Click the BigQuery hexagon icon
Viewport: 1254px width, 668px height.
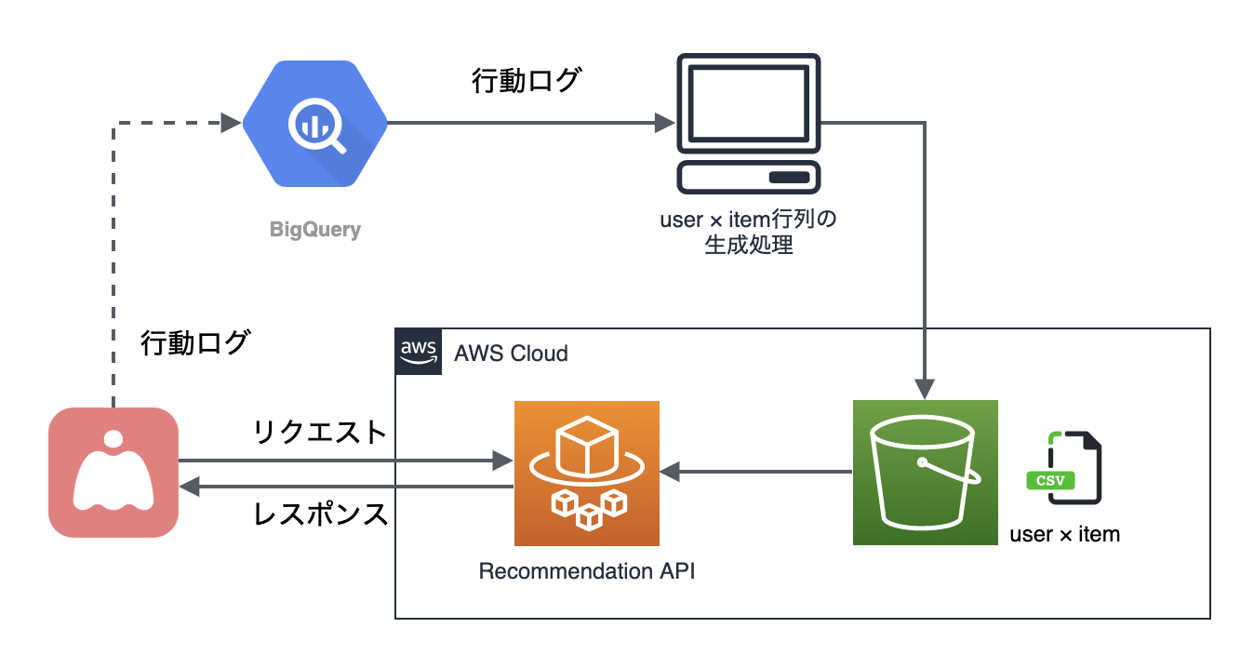[x=315, y=124]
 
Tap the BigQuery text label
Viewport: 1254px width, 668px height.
[x=314, y=229]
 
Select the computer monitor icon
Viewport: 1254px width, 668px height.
[x=749, y=124]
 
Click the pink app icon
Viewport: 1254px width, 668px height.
[x=113, y=472]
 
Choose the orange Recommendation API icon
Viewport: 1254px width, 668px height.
[x=586, y=473]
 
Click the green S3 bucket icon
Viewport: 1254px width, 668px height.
[x=925, y=473]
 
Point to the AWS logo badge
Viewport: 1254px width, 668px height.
[x=418, y=352]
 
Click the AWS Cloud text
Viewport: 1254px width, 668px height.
[x=511, y=354]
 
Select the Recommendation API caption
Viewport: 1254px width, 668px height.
[x=586, y=570]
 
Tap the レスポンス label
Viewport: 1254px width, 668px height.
[x=321, y=514]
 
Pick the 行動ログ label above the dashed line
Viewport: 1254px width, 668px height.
[x=194, y=342]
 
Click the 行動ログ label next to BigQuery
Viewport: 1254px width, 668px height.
[x=526, y=81]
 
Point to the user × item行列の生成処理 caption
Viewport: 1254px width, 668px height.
[x=749, y=234]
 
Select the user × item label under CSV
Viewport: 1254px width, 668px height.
[x=1064, y=534]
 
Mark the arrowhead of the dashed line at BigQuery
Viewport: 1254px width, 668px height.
[x=232, y=123]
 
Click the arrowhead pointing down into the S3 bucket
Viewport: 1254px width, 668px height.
[x=925, y=388]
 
